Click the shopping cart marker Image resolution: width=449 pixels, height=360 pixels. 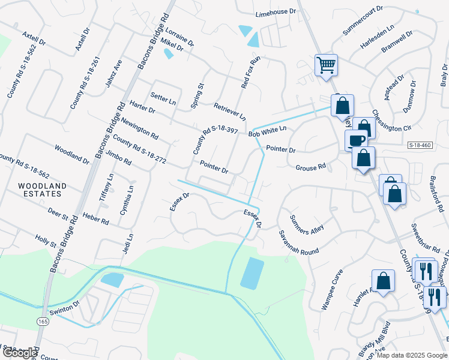point(326,64)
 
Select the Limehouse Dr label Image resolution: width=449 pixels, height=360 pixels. point(276,12)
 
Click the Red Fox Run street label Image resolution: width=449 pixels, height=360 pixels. point(251,73)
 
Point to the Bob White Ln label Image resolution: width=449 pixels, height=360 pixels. point(268,130)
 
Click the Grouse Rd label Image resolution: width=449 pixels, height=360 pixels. point(310,167)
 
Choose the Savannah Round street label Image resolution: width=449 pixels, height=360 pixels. point(297,242)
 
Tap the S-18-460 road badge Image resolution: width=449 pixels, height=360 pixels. point(420,145)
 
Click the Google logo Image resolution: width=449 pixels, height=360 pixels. point(19,353)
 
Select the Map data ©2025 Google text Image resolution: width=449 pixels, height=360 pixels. point(412,355)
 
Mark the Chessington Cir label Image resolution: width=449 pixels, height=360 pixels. point(391,120)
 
